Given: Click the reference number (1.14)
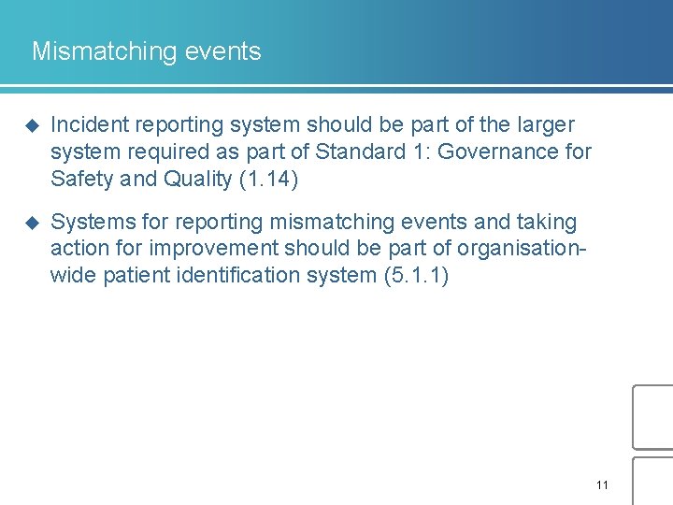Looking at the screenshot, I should (x=268, y=179).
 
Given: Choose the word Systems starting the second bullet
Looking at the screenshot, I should (x=86, y=223).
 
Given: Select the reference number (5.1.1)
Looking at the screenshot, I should (x=416, y=277).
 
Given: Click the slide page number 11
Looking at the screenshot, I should (x=601, y=484).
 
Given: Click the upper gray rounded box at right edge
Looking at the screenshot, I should (x=653, y=417).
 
